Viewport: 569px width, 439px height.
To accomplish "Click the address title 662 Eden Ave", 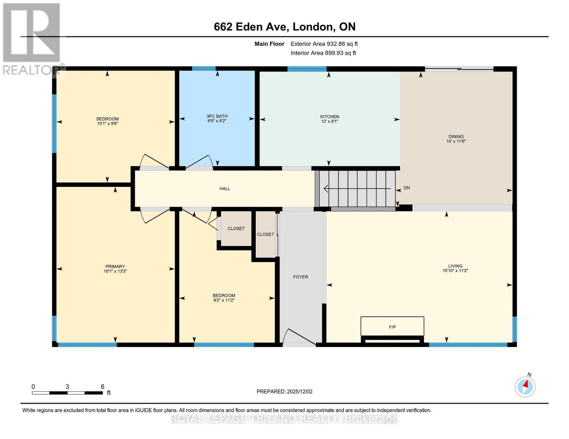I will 284,27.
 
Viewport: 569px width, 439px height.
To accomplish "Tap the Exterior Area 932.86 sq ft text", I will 324,44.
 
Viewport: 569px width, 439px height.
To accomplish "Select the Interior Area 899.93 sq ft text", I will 323,53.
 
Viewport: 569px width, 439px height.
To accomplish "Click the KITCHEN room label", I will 329,117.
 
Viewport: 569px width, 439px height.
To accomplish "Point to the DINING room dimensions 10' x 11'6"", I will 456,141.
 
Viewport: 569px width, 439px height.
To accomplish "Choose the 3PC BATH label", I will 217,116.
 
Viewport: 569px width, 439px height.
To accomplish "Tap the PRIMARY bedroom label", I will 115,266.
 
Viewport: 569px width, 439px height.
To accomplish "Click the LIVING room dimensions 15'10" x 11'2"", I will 455,271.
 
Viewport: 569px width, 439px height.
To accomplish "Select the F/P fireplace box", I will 392,327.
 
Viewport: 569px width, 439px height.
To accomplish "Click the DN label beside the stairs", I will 406,188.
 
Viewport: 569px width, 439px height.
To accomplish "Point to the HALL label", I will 225,188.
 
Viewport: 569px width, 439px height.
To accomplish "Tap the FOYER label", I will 300,277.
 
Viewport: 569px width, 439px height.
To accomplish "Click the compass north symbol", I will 525,386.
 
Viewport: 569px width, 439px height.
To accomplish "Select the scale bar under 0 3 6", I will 67,393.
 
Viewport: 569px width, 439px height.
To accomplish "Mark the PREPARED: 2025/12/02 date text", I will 284,391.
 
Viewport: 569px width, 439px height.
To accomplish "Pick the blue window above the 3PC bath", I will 204,68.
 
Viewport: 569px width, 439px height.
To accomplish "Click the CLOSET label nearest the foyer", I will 265,234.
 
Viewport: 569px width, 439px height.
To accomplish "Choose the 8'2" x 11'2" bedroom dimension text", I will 223,300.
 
